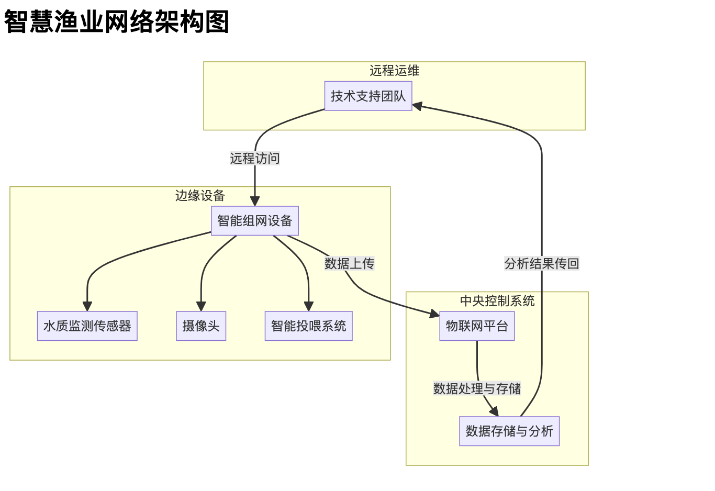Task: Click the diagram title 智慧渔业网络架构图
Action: point(117,22)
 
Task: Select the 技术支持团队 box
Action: point(368,96)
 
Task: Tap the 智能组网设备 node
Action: point(255,221)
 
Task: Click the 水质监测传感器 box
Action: point(87,326)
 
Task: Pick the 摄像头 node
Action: point(201,326)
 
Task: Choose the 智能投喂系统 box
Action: point(308,326)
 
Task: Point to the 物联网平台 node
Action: point(477,326)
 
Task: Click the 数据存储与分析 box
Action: point(509,431)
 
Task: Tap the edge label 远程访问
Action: point(255,158)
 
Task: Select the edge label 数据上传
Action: point(349,263)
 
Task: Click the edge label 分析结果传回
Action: point(542,263)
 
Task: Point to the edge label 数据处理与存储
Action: point(477,389)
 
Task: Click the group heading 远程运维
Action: point(394,71)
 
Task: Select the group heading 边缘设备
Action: point(200,196)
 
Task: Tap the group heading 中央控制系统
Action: point(497,301)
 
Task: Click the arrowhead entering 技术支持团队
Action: point(418,106)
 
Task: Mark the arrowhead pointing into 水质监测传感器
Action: point(87,306)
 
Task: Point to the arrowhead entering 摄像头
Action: point(201,306)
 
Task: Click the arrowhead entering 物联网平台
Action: point(434,314)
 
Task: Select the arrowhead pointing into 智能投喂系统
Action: point(309,306)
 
